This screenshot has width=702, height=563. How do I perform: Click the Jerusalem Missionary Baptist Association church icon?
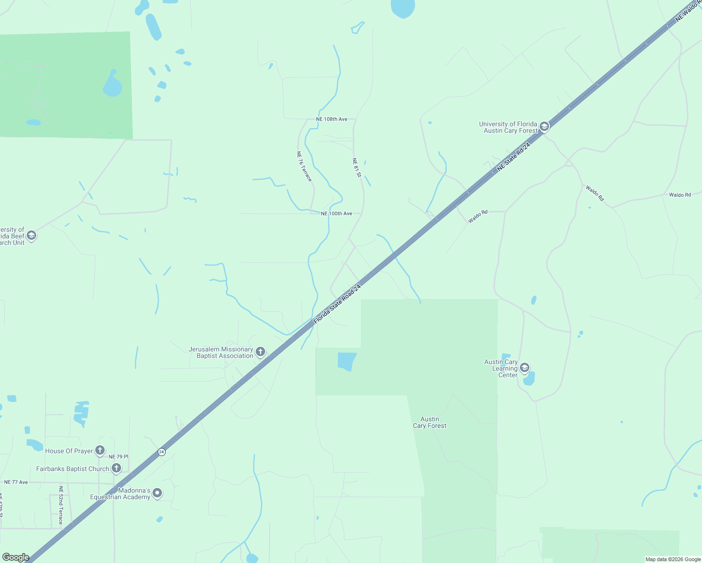click(x=260, y=351)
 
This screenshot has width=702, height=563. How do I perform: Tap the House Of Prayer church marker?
click(x=100, y=450)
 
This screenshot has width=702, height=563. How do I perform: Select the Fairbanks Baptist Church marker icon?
click(x=116, y=468)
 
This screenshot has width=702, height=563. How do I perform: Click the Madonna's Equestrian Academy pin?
click(x=158, y=493)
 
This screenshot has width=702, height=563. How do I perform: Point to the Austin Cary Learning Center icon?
click(x=525, y=367)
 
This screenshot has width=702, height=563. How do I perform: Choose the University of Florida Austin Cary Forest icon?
click(x=544, y=126)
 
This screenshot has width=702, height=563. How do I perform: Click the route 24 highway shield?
click(x=161, y=452)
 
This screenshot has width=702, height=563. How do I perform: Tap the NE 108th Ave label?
click(x=332, y=119)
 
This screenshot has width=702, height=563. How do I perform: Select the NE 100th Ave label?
click(x=336, y=213)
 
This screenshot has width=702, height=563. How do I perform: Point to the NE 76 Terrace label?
click(x=304, y=166)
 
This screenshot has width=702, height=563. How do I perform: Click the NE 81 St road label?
click(x=357, y=167)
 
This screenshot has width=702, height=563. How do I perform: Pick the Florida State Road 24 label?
click(x=337, y=304)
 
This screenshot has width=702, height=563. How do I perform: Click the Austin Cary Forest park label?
click(x=429, y=422)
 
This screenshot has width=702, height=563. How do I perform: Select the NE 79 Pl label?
click(x=118, y=456)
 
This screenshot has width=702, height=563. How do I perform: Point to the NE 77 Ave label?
click(x=16, y=482)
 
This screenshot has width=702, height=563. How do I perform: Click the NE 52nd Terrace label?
click(x=61, y=505)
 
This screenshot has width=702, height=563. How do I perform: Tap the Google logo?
click(x=15, y=557)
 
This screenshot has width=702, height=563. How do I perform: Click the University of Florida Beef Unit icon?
click(x=31, y=235)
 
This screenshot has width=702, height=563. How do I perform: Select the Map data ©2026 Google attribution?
click(x=673, y=559)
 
